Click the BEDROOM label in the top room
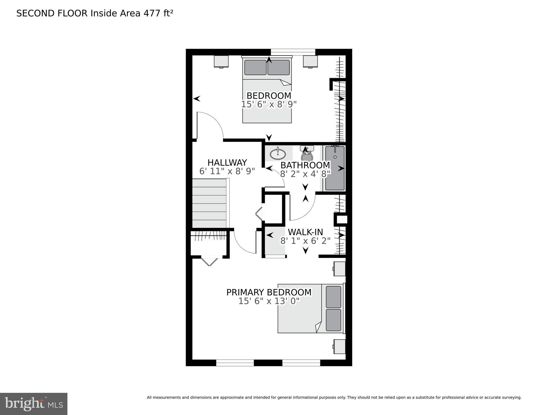click(269, 96)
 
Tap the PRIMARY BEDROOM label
click(269, 292)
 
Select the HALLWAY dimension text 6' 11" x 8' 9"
click(227, 171)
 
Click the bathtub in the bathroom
click(335, 168)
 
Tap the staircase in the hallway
click(209, 203)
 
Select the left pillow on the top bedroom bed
click(255, 67)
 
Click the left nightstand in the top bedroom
click(221, 61)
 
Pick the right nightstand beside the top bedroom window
click(310, 61)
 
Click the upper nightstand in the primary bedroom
click(340, 269)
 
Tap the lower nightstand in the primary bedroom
click(340, 346)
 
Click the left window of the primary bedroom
click(235, 363)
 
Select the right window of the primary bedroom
click(301, 363)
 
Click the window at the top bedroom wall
click(293, 52)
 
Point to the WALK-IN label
click(305, 232)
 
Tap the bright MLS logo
click(34, 404)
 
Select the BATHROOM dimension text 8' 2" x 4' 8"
click(305, 174)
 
